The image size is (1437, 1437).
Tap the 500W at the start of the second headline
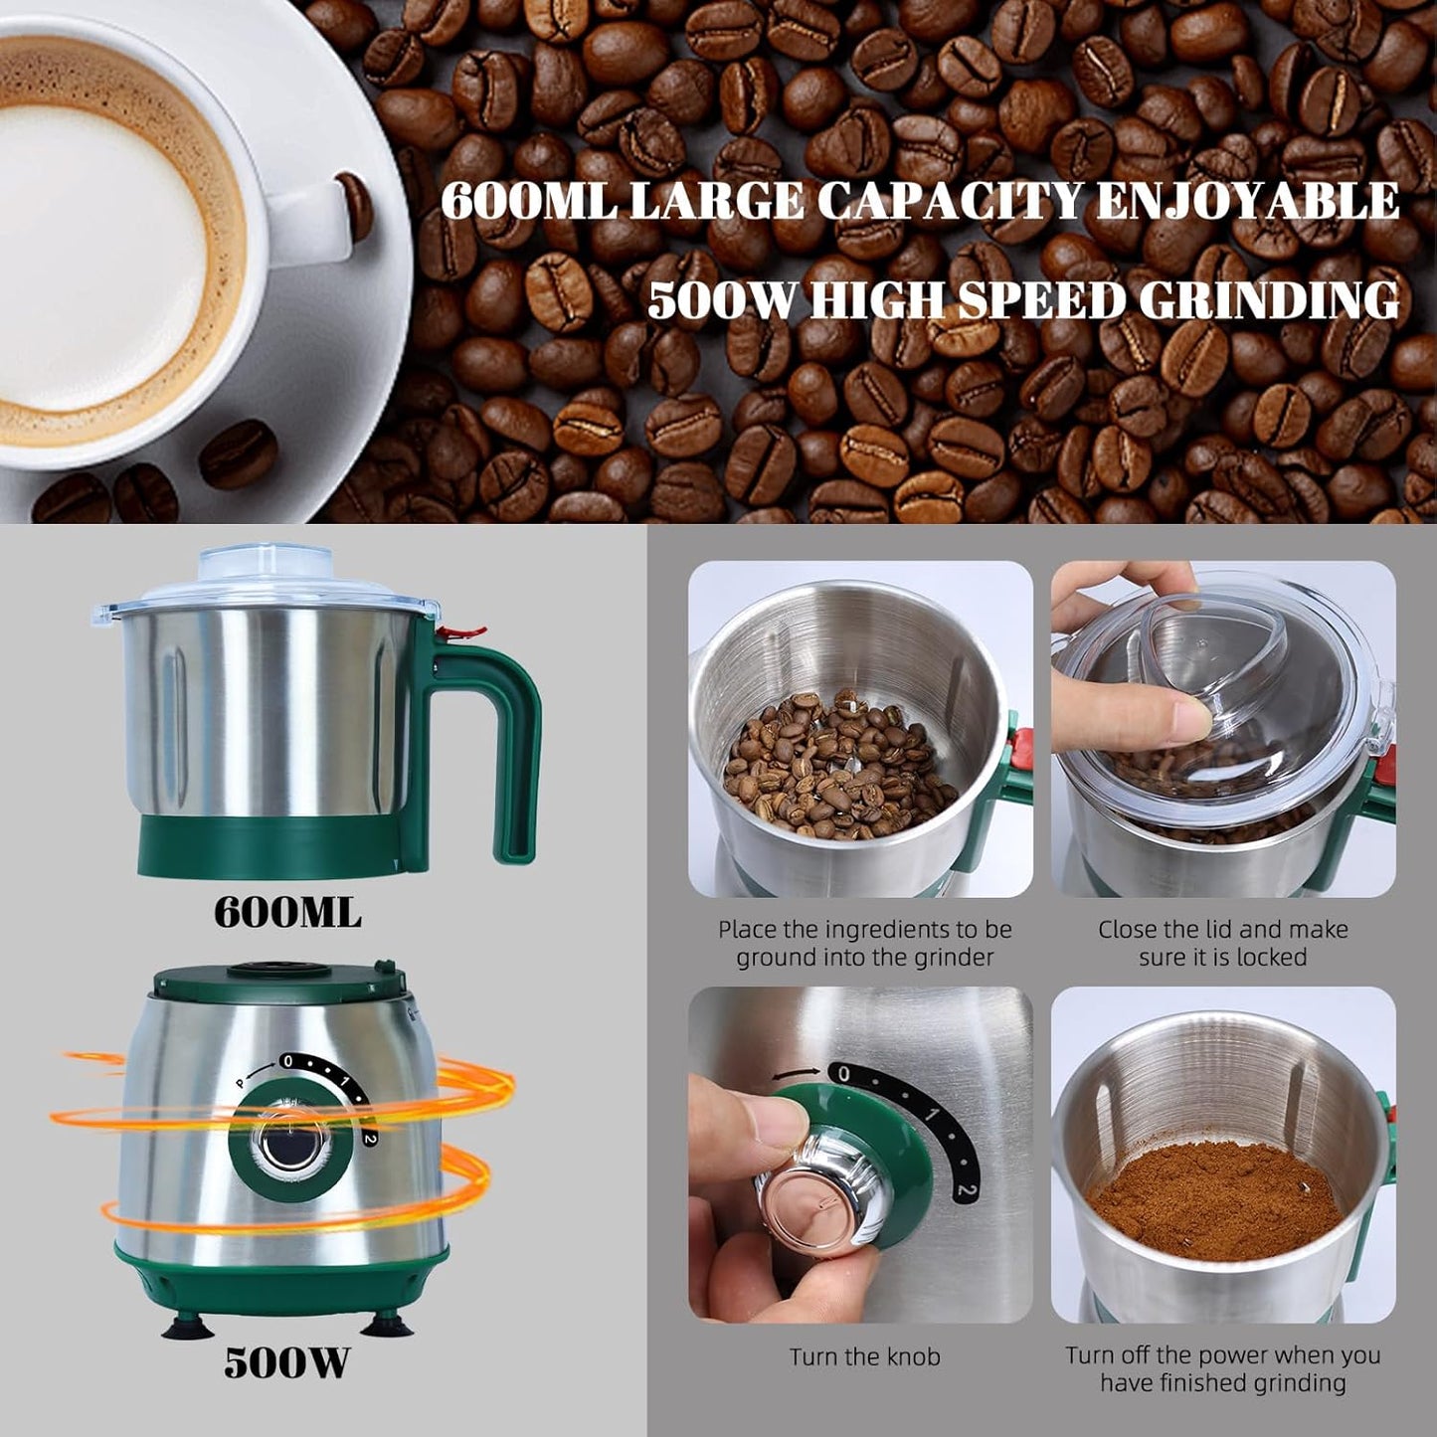click(721, 300)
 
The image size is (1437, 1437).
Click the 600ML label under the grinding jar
click(287, 913)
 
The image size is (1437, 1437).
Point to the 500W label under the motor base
click(286, 1361)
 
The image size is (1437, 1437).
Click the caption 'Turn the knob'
click(864, 1356)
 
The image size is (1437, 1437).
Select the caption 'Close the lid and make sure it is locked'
click(1222, 943)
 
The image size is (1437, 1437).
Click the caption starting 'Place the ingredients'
click(864, 943)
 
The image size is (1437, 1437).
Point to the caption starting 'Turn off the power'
click(1222, 1368)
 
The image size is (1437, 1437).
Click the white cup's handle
click(318, 214)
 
